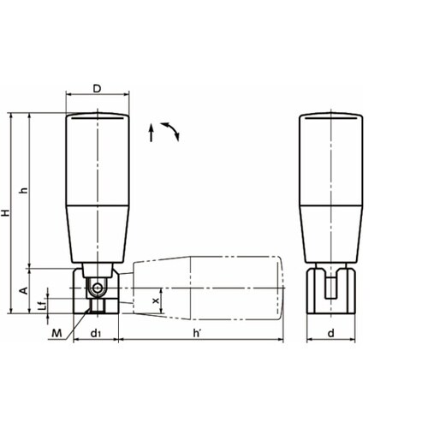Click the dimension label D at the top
coord(97,89)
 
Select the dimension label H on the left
coord(5,212)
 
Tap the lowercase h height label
coord(25,190)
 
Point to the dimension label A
coord(25,290)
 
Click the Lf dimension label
coord(42,306)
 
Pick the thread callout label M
coord(56,333)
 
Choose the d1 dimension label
coord(95,333)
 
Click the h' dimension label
coord(197,333)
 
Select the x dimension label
coord(156,300)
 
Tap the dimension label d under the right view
coord(330,333)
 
